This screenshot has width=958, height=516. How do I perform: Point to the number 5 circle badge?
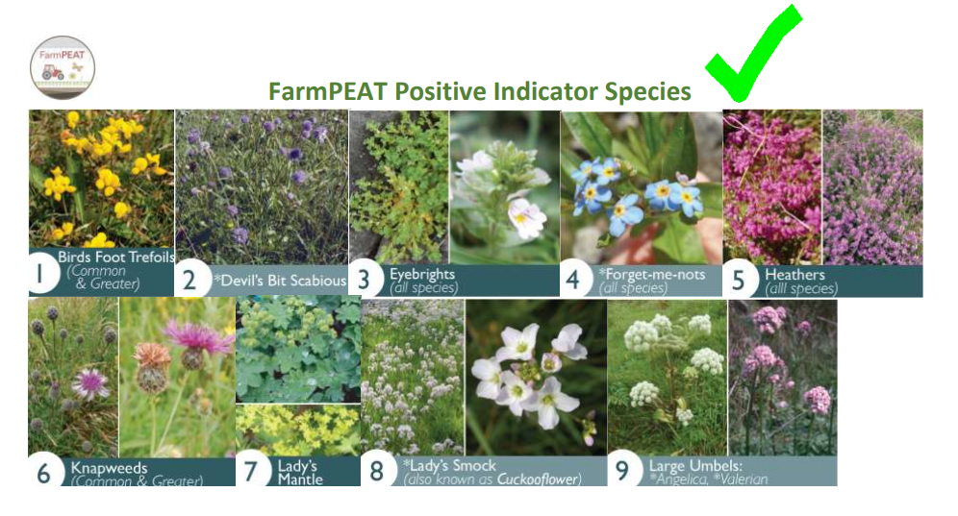738,280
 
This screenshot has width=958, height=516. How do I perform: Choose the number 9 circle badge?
622,471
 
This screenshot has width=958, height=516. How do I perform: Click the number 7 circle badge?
251,472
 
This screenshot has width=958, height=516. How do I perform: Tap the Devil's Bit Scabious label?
279,281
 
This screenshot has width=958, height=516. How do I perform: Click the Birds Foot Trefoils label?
114,258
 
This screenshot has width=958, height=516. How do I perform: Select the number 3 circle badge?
363,280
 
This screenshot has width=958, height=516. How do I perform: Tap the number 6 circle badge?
43,472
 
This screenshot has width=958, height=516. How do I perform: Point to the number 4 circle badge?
573,280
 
